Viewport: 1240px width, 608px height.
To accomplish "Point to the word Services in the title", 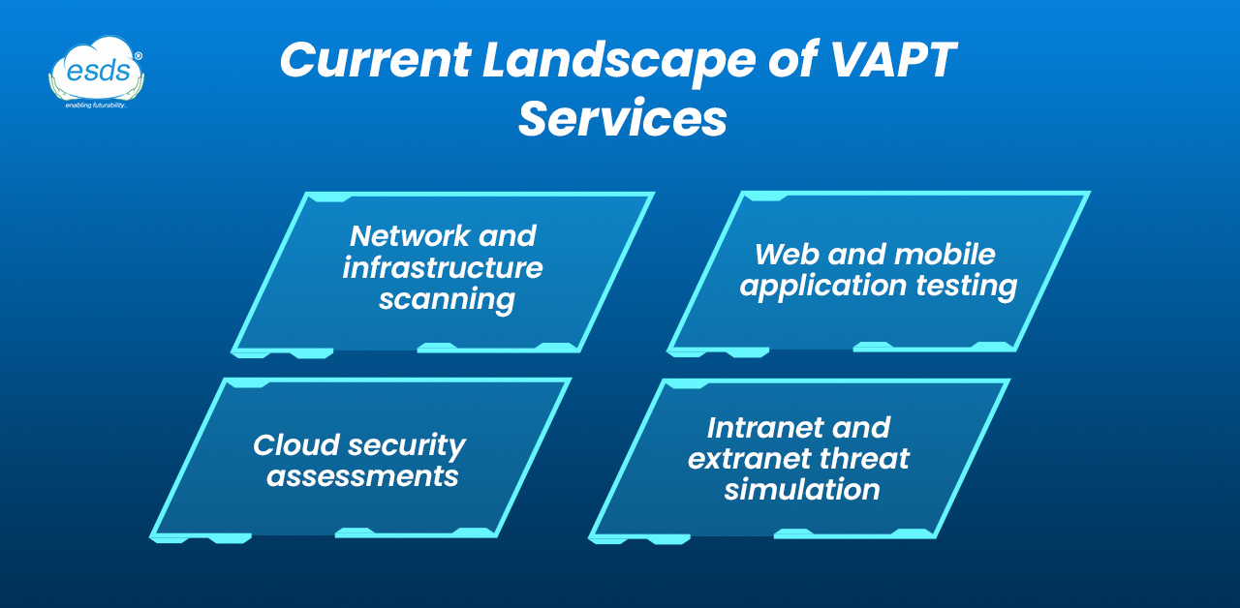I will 622,118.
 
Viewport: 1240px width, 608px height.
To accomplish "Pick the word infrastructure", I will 443,267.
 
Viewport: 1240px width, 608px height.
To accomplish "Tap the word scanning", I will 446,299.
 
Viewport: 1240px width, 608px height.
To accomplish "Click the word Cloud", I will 294,445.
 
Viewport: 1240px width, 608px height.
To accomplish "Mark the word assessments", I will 362,476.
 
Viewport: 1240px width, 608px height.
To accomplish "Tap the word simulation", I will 802,489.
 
